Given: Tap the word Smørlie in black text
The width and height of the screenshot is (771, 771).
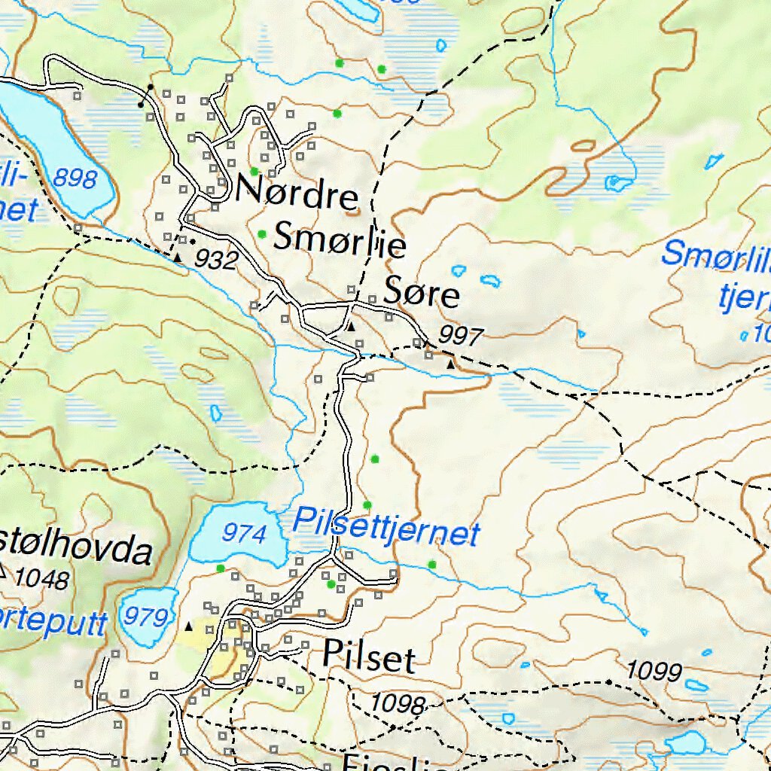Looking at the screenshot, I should (x=340, y=240).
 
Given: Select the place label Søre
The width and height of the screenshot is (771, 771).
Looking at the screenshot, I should (x=421, y=294).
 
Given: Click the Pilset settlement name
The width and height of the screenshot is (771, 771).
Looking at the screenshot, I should (x=368, y=657).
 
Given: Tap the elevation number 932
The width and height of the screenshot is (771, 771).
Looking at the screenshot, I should (x=217, y=260).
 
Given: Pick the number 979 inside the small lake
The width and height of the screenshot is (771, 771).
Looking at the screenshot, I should (x=145, y=617).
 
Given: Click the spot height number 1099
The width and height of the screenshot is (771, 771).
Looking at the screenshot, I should (x=654, y=670).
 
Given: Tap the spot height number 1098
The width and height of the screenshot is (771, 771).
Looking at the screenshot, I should (x=398, y=704).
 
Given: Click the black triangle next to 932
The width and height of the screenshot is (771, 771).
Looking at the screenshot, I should (x=178, y=258).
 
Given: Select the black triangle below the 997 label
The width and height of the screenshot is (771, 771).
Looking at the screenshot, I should (x=450, y=364).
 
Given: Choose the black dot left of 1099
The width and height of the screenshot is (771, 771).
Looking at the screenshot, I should (x=608, y=682).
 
